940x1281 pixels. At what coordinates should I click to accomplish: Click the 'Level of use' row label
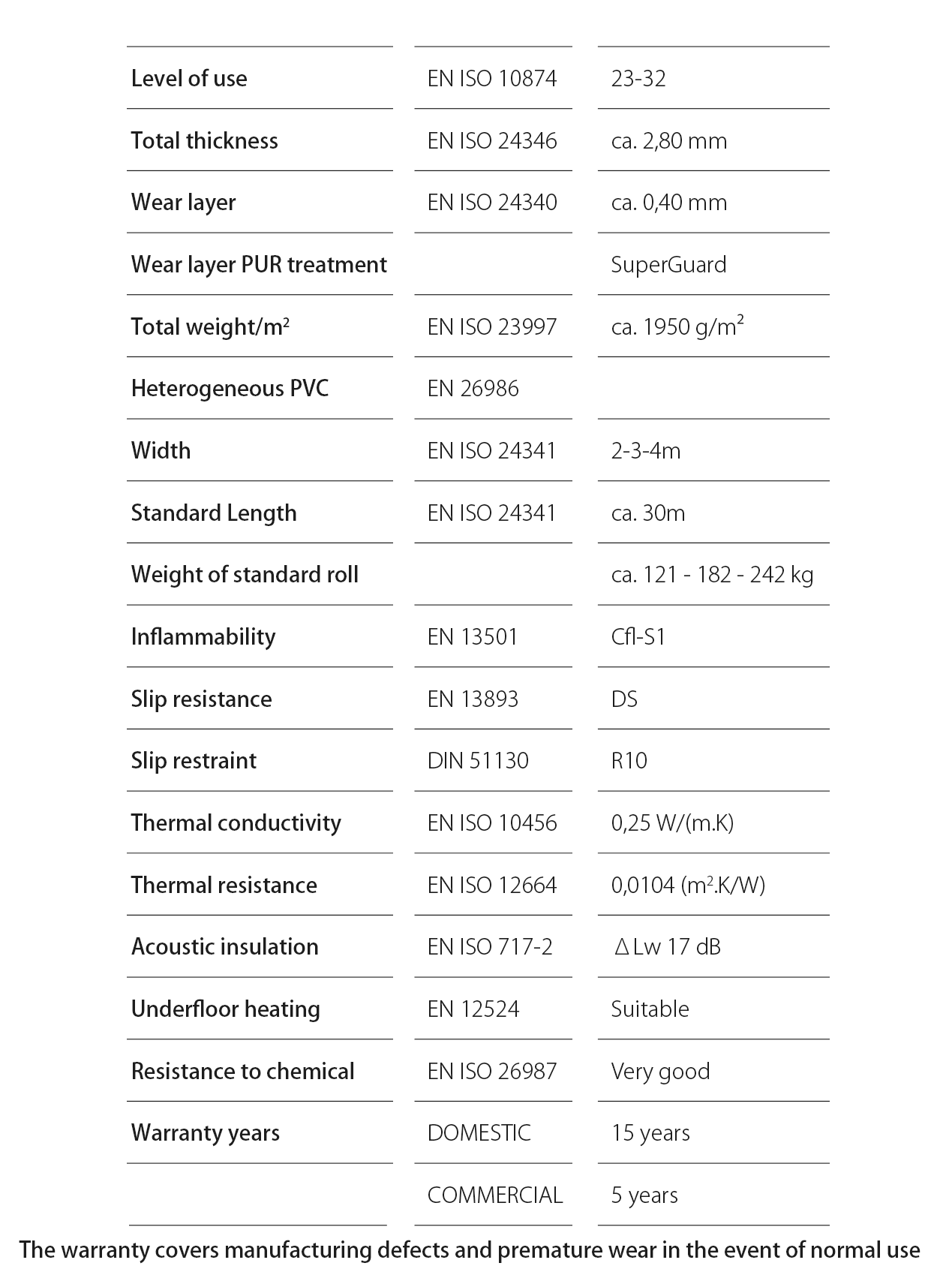click(x=189, y=78)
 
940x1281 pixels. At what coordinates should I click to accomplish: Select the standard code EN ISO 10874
click(x=492, y=78)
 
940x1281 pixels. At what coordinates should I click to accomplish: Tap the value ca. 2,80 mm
click(x=668, y=140)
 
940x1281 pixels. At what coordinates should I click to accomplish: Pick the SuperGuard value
click(x=668, y=264)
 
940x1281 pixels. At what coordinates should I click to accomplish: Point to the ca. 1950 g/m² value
click(x=677, y=326)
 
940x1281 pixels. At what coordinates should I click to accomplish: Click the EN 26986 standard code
click(x=473, y=389)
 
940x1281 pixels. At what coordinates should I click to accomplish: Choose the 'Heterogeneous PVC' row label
click(x=230, y=389)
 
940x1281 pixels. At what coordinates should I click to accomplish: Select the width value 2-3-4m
click(x=646, y=450)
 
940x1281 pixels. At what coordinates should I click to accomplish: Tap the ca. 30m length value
click(x=648, y=513)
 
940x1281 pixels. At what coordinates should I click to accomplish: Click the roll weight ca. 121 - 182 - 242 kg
click(x=712, y=575)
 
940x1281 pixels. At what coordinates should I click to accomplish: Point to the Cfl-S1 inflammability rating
click(x=638, y=637)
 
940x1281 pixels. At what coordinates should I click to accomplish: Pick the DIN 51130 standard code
click(x=478, y=761)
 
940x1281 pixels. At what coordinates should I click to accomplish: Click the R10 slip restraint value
click(x=629, y=761)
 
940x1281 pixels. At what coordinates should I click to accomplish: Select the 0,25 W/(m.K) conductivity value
click(x=672, y=823)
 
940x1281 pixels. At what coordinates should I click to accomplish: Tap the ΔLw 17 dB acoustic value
click(x=667, y=947)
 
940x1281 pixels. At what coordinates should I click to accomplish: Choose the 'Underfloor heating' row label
click(x=226, y=1009)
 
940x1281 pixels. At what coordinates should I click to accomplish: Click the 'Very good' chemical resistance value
click(x=660, y=1071)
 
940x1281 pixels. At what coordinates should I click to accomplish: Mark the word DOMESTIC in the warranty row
click(x=479, y=1133)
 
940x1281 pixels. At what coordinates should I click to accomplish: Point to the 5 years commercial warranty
click(x=644, y=1195)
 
